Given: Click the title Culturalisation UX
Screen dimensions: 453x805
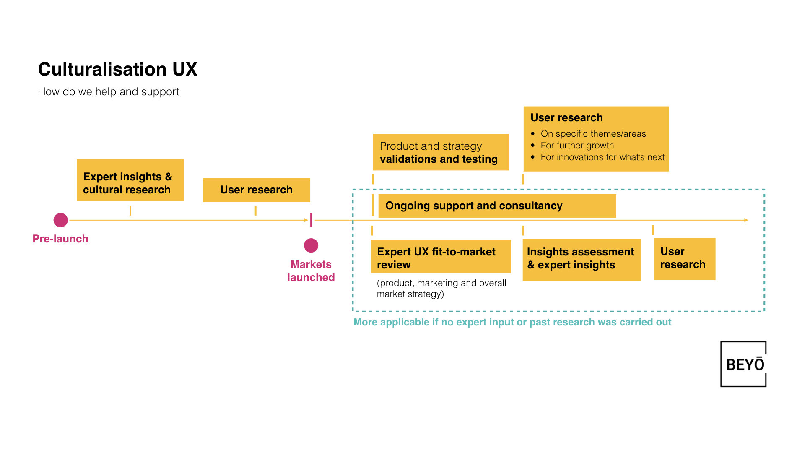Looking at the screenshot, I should [x=117, y=69].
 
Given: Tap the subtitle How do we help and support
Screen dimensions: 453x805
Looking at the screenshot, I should [x=108, y=91].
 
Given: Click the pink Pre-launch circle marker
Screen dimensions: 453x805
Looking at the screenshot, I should [x=61, y=220].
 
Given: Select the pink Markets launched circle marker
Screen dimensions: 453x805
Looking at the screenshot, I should [x=311, y=245].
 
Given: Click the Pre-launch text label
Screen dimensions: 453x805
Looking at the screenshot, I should [x=60, y=239].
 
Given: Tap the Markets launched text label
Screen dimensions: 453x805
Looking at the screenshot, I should [x=311, y=271].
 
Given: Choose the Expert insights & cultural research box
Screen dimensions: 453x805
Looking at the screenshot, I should [x=130, y=180].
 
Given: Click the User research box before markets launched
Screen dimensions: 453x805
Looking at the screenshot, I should [x=256, y=190].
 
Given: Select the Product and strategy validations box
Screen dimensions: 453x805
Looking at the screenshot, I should [x=441, y=152].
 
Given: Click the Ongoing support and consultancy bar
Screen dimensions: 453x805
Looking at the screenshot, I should [x=497, y=206].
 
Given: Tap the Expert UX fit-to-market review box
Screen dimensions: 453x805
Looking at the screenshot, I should [x=441, y=257].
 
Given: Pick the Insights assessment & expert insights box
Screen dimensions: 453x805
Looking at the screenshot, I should [x=581, y=259].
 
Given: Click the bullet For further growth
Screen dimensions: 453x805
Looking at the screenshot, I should [x=577, y=146].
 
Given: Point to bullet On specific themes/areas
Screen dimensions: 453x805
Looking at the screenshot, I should [x=593, y=134].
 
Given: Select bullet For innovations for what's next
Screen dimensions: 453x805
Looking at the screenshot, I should [x=602, y=157].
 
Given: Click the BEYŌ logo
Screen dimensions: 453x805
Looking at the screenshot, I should [x=743, y=364].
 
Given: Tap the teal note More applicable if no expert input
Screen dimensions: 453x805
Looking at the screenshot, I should [x=512, y=322].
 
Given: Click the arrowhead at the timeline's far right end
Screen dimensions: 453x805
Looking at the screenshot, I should [x=746, y=220].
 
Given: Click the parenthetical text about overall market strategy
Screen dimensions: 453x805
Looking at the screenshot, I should [x=441, y=289].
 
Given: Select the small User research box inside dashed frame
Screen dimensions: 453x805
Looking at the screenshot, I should [x=684, y=259].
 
